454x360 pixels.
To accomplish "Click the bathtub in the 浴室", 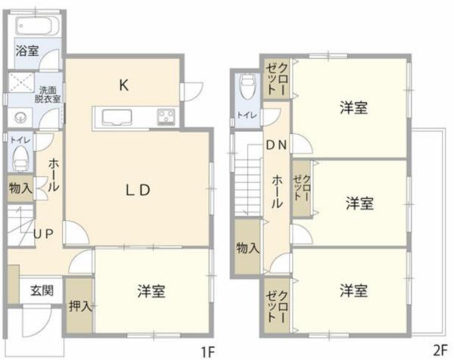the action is [x=37, y=26].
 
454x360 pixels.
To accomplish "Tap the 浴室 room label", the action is [x=27, y=51].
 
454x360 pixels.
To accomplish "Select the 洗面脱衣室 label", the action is [x=48, y=95].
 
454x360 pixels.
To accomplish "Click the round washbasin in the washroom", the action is [x=20, y=117].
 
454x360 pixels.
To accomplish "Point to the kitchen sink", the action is [x=117, y=118].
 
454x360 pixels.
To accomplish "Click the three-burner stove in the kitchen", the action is [x=166, y=117].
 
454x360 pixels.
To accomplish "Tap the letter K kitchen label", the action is [x=123, y=85].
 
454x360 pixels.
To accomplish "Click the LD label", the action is [x=138, y=190].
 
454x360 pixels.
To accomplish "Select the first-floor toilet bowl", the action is [x=20, y=158].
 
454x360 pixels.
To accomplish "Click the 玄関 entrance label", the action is [x=42, y=290].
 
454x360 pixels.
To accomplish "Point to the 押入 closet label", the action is [x=80, y=306].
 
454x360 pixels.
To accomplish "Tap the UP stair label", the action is [x=43, y=234].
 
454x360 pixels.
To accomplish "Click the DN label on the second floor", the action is [x=276, y=145].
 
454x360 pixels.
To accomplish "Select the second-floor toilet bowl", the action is [x=247, y=86].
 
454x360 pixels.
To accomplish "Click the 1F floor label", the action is [x=207, y=352].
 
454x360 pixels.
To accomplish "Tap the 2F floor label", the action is [x=440, y=351].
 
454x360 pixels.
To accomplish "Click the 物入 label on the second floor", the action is [x=248, y=248].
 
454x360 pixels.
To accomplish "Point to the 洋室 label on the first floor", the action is [x=151, y=291].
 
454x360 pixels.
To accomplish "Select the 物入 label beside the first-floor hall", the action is [x=20, y=188].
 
